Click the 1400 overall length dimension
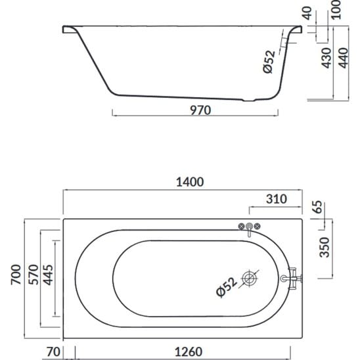click(x=190, y=182)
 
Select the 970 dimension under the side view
click(x=200, y=110)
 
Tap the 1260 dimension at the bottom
click(x=189, y=351)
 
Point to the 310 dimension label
click(x=277, y=199)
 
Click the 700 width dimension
click(x=16, y=275)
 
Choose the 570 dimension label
click(x=34, y=275)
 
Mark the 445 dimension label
click(x=48, y=275)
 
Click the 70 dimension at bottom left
click(x=53, y=351)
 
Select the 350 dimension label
click(x=325, y=247)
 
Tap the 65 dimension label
click(x=318, y=207)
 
